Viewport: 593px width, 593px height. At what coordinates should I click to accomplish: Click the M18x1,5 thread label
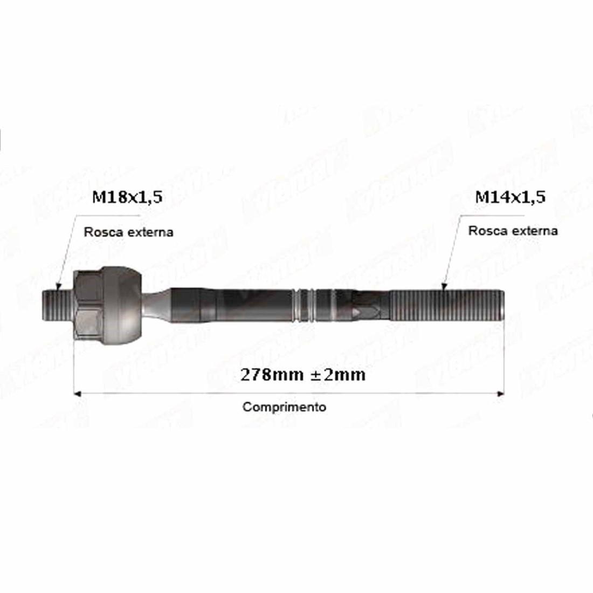coord(127,198)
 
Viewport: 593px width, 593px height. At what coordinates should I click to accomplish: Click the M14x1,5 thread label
coord(510,197)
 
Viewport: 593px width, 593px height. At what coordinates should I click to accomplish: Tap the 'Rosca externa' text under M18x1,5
coord(128,232)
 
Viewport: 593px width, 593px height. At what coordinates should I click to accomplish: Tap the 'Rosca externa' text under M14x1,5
coord(513,231)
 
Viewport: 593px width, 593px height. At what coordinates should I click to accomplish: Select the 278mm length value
coord(272,375)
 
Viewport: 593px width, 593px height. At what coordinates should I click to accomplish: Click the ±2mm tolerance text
coord(339,375)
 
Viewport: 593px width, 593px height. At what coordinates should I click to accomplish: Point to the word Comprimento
coord(284,407)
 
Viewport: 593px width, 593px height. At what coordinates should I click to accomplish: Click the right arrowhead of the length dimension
coord(501,393)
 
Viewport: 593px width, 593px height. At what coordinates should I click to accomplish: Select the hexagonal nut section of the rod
coord(86,306)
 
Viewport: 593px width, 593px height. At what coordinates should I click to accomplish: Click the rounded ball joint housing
coord(123,306)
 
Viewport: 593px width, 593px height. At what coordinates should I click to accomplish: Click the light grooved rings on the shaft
coord(305,306)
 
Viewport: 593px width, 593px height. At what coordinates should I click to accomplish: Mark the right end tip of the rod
coord(504,306)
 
